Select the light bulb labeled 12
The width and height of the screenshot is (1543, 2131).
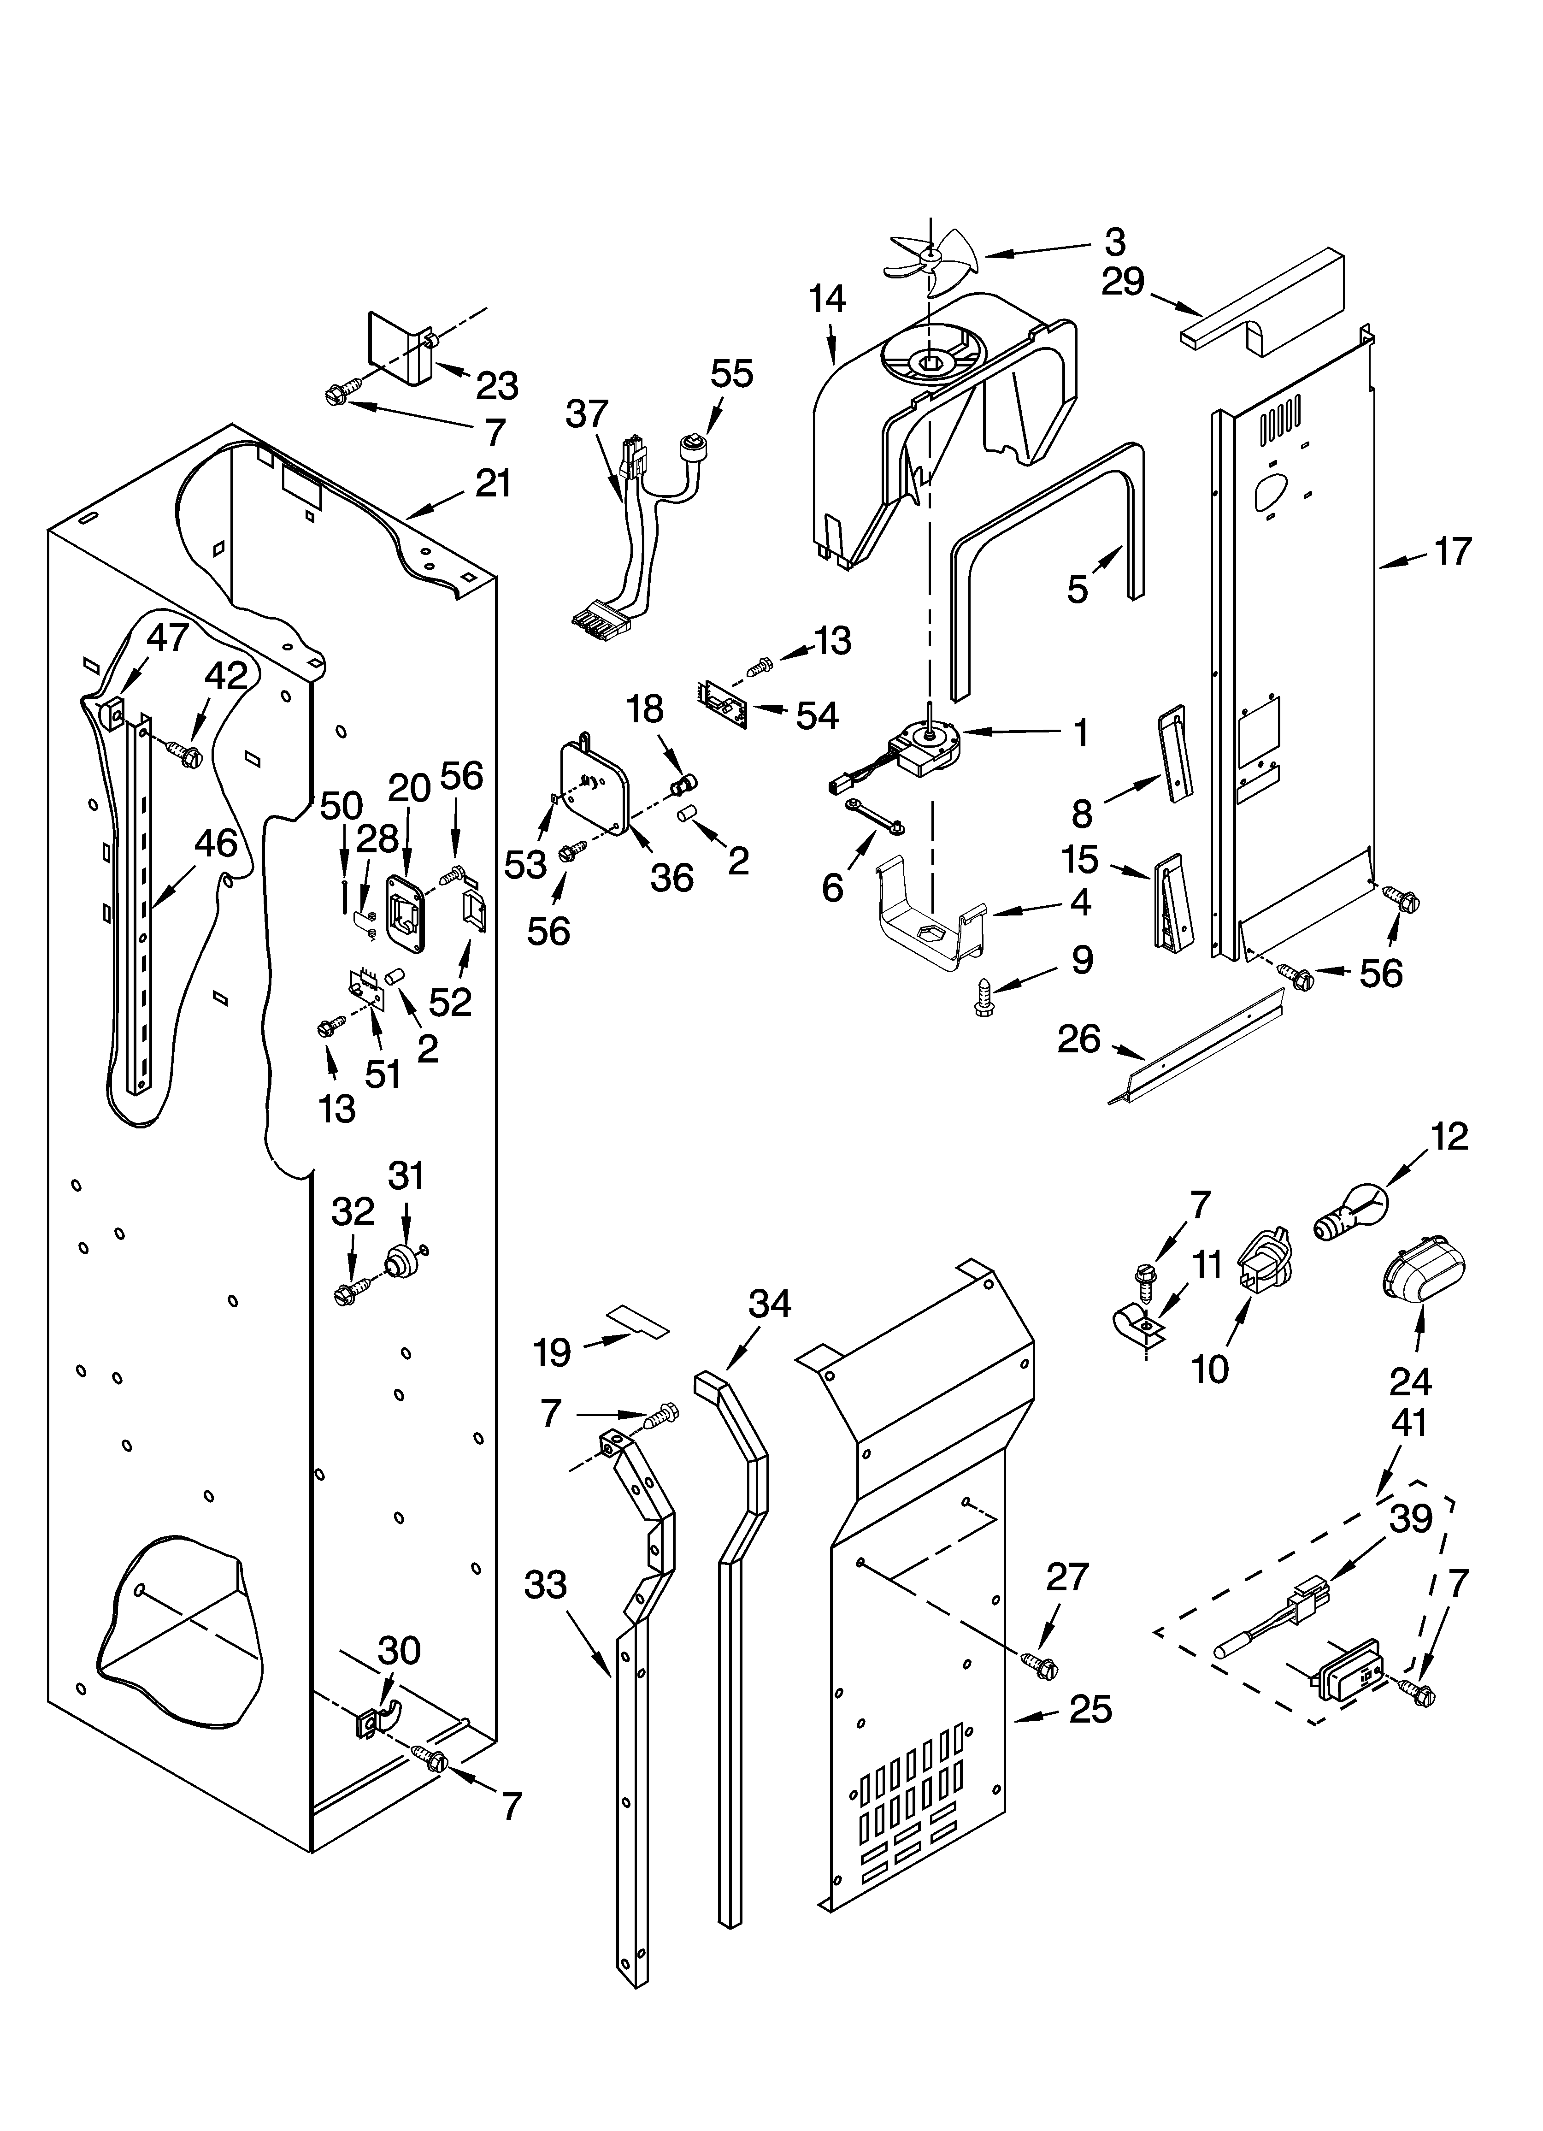[x=1346, y=1216]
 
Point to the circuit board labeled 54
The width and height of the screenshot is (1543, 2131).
[x=724, y=701]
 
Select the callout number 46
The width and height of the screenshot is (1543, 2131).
[x=215, y=843]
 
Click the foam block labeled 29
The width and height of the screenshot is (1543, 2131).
[x=1264, y=310]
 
